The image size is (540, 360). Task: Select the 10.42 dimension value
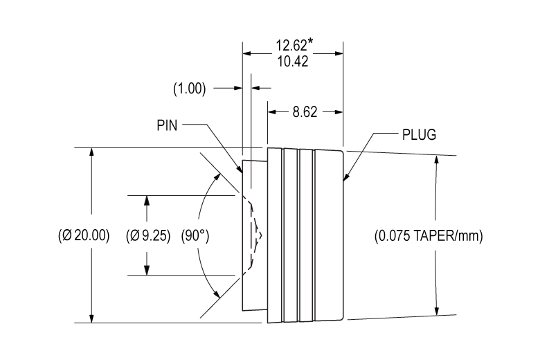[x=292, y=61]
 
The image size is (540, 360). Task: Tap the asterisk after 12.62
[x=309, y=43]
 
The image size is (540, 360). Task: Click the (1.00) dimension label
[x=189, y=89]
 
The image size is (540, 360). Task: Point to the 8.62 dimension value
[x=305, y=112]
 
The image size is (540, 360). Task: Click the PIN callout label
[x=168, y=125]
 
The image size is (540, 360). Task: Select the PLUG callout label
[x=419, y=134]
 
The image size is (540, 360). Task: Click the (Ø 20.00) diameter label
[x=84, y=235]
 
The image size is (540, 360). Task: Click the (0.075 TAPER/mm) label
[x=428, y=235]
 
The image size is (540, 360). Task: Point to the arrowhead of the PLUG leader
[x=347, y=179]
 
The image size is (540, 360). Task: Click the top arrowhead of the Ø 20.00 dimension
[x=91, y=153]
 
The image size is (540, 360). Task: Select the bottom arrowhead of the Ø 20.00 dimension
[x=91, y=318]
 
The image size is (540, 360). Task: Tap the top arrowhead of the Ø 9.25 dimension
[x=146, y=201]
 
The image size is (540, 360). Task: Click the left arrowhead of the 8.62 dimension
[x=272, y=111]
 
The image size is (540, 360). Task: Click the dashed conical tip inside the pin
[x=257, y=235]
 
